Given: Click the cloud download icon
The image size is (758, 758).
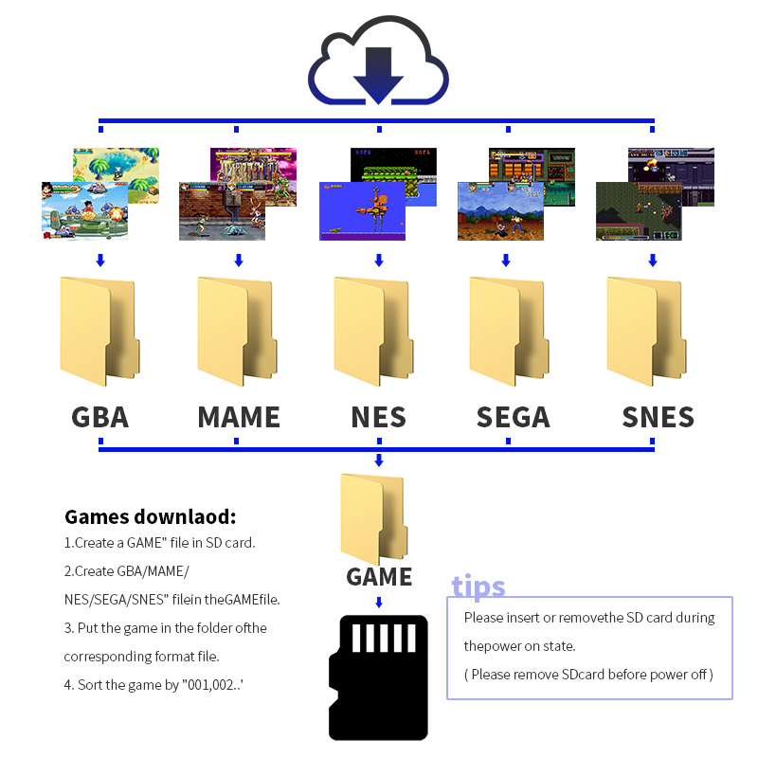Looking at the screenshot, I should coord(378,66).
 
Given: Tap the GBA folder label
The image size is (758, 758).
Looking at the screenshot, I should coord(99,417).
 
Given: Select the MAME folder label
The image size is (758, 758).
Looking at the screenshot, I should coord(239,417).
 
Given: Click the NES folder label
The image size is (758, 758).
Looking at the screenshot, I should coord(378,417).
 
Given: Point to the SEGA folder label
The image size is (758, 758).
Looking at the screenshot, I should coord(513,417).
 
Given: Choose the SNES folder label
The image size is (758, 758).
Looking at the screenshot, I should coord(658,417).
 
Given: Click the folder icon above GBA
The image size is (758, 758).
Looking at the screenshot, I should coord(99,331).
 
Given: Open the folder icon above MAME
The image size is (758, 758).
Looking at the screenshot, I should coord(236,331).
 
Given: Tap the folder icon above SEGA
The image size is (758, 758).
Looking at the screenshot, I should coord(509,331).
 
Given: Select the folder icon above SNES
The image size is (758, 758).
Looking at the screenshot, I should coord(646,331).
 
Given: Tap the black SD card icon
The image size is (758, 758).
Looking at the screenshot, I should coord(378,677).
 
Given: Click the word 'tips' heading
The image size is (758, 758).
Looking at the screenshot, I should coord(478,587).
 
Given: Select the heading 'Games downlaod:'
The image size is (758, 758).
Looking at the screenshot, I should coord(150,517).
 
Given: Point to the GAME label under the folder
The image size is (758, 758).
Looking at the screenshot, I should coord(379,576).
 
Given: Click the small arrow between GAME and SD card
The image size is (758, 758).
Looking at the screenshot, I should coord(379,602).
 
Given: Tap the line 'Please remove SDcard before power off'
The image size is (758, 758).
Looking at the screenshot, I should coord(588,675).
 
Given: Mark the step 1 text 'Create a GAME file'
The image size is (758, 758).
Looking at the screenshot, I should coord(159,544).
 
